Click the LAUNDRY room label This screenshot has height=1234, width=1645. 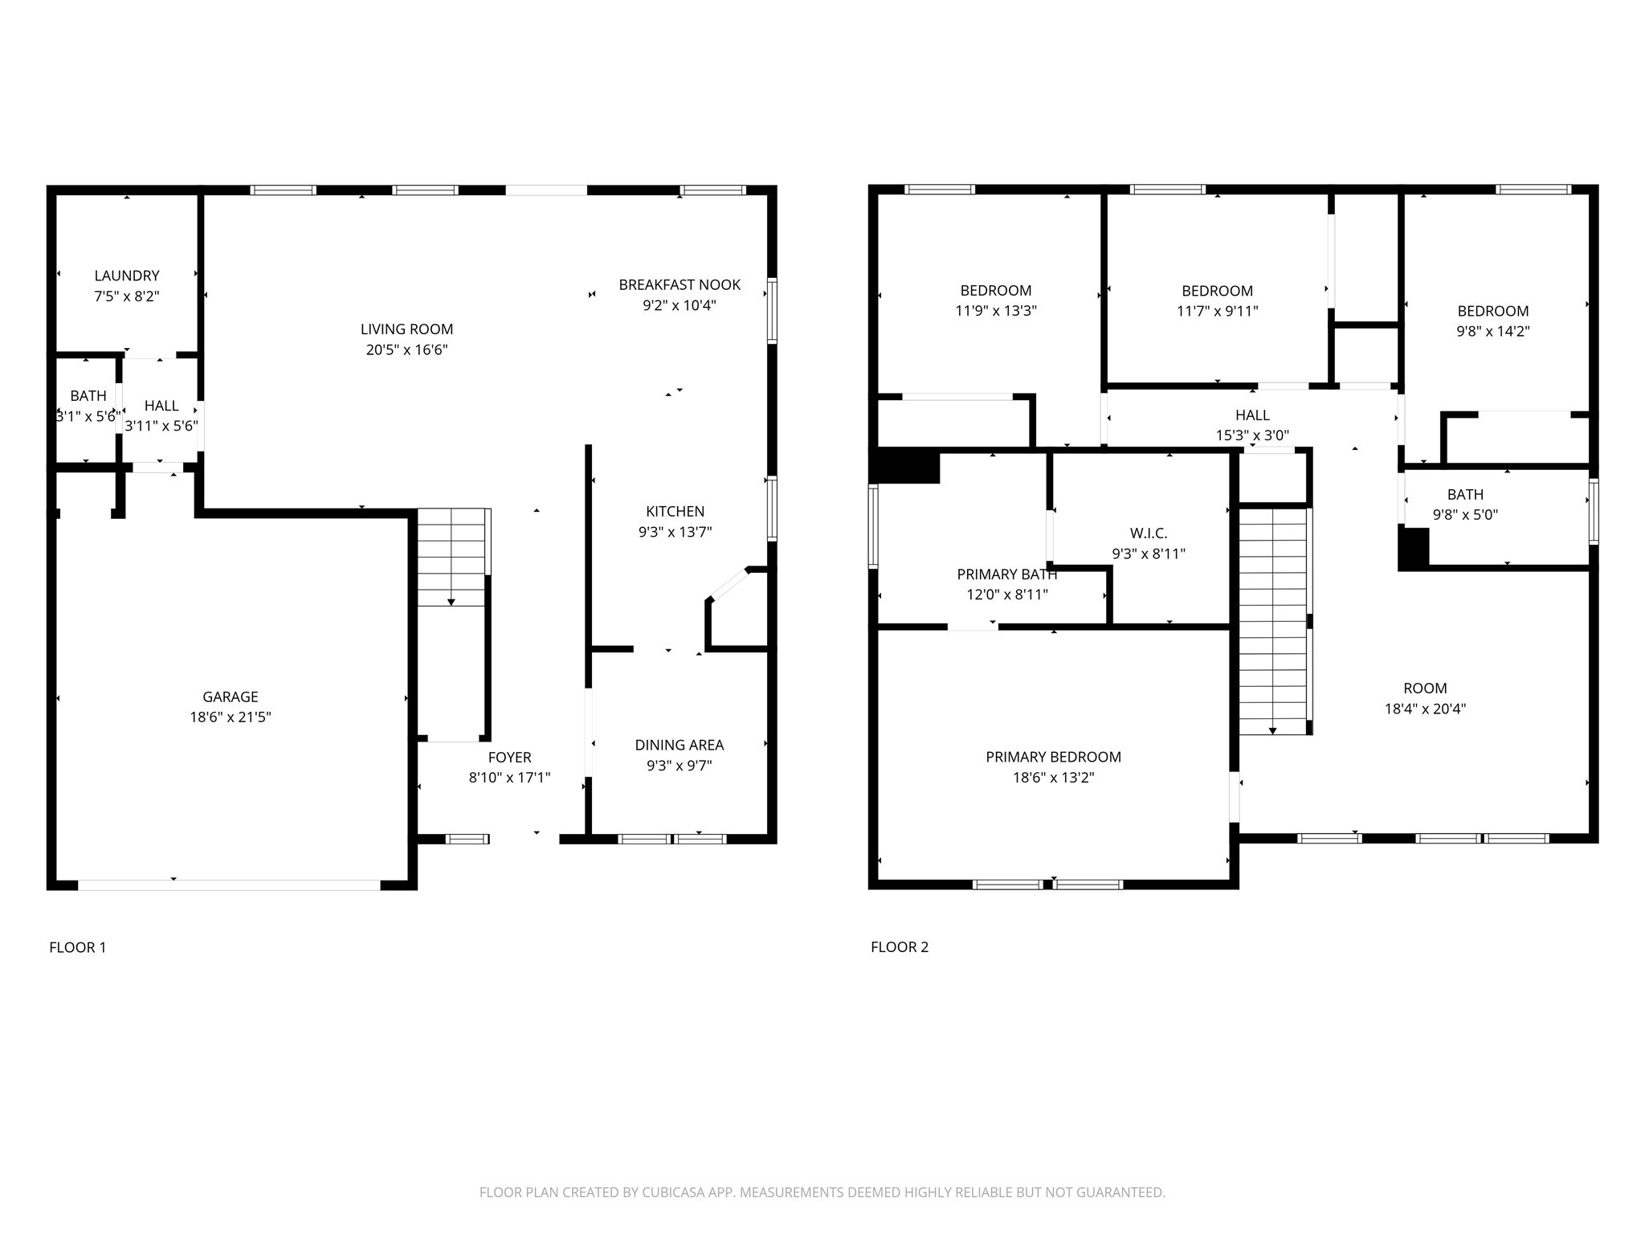[127, 276]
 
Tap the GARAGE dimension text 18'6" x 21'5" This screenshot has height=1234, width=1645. [231, 717]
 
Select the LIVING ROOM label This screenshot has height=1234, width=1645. [406, 329]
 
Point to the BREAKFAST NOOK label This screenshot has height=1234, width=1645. [680, 284]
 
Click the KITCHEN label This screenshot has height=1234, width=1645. [676, 511]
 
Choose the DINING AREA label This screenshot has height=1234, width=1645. [680, 746]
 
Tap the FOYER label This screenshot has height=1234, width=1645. [510, 758]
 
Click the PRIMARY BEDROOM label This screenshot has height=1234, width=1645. [1053, 757]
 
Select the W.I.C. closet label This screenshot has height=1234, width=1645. [1149, 533]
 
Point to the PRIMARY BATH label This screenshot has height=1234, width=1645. [1007, 574]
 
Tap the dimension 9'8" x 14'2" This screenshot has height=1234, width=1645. [1493, 331]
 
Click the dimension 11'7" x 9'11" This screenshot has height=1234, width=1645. [1218, 311]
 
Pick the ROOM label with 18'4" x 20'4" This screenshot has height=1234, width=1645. [1425, 689]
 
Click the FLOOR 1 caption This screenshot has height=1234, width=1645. [78, 947]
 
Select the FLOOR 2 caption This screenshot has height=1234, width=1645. [900, 947]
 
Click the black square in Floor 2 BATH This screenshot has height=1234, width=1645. [1414, 549]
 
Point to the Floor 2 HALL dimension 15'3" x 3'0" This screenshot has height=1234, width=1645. [1252, 435]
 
